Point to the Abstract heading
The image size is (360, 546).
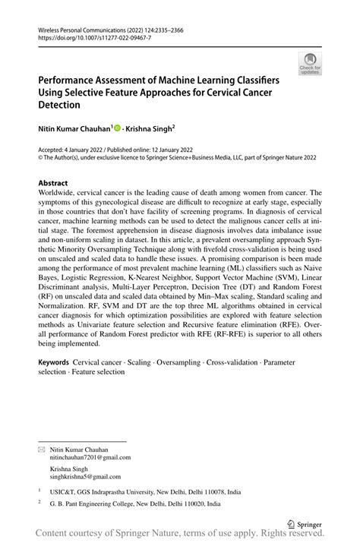click(x=53, y=183)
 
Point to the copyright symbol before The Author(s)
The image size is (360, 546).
click(x=41, y=159)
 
